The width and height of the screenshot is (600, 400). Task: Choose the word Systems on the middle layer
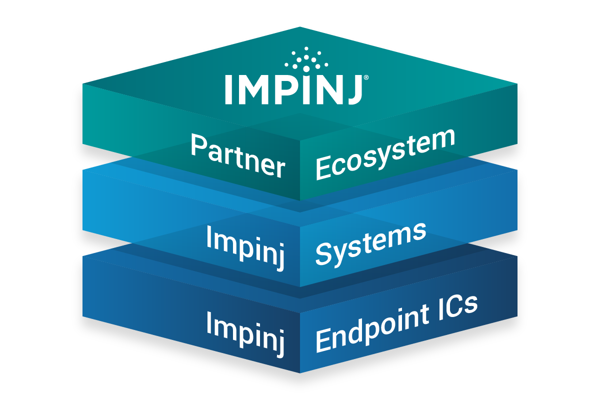coord(370,243)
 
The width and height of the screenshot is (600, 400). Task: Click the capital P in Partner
coord(198,145)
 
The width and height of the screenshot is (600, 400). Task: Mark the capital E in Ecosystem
coord(323,169)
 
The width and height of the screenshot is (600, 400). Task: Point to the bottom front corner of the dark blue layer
coord(299,372)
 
